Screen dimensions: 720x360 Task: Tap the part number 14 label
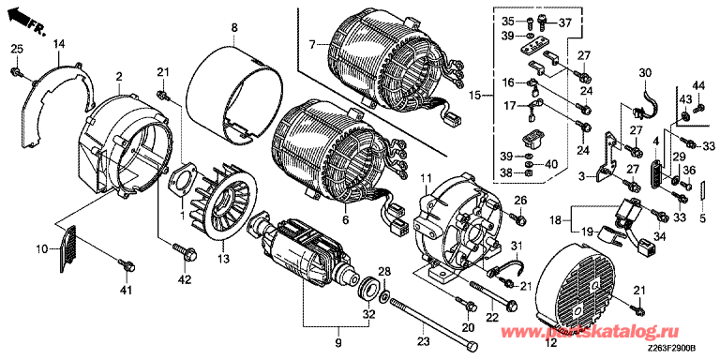point(59,44)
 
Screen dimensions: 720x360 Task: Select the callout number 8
point(234,28)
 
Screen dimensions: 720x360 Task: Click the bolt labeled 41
point(127,264)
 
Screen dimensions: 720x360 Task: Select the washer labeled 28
point(384,295)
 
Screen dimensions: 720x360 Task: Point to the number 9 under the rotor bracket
point(337,342)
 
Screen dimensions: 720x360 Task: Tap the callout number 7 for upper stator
point(312,45)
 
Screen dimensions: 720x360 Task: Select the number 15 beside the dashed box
point(475,96)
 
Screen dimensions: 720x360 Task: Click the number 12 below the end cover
point(550,342)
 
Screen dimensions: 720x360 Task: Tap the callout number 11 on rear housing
point(427,177)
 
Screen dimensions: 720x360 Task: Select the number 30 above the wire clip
point(645,72)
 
